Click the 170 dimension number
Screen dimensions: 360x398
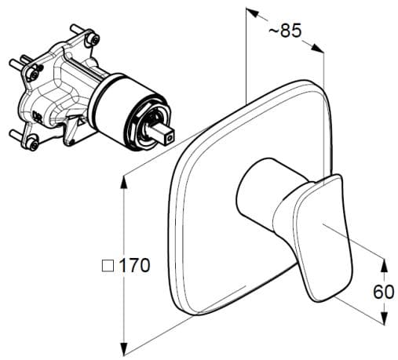133,265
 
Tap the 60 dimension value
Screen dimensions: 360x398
383,291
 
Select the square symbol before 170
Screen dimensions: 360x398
108,266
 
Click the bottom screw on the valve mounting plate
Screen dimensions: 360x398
33,142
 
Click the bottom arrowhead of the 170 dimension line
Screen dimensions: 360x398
124,350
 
